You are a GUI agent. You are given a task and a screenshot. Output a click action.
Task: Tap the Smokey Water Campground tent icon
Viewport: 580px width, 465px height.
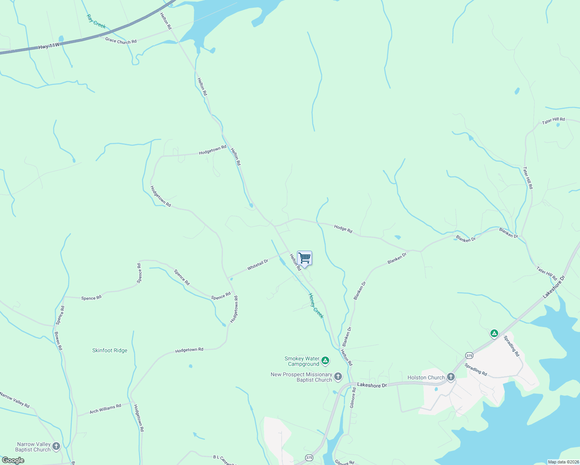point(325,361)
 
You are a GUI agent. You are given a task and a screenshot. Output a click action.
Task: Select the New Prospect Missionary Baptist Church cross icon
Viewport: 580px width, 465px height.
point(338,376)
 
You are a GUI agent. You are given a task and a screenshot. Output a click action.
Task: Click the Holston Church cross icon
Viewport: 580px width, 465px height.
point(451,377)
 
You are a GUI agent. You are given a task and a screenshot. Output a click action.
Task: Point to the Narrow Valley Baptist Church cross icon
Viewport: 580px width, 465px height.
point(56,446)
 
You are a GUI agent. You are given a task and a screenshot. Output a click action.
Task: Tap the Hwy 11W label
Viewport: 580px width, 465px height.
point(49,46)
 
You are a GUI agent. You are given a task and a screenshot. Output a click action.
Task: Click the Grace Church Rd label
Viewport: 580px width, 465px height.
point(121,41)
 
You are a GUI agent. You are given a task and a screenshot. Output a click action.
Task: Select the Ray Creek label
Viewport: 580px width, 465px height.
point(96,21)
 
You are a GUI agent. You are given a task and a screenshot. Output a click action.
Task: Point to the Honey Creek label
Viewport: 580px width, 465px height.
point(316,306)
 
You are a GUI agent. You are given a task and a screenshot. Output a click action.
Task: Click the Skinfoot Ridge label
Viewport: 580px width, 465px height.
point(110,350)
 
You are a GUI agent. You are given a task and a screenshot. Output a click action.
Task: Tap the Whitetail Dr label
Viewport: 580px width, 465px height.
point(258,265)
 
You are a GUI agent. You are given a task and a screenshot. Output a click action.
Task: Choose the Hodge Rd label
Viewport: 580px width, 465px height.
point(343,229)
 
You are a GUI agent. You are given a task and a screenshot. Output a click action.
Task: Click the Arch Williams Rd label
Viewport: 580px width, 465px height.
point(105,408)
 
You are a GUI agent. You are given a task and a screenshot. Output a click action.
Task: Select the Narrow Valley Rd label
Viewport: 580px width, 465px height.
point(15,400)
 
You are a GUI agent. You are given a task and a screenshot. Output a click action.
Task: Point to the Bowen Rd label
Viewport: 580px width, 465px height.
point(58,341)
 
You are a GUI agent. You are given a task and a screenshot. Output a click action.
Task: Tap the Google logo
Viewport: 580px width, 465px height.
point(13,460)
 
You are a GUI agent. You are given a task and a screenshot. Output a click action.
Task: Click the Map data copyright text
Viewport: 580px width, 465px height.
point(563,462)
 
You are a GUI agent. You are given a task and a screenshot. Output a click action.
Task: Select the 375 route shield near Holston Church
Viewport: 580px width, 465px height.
point(469,355)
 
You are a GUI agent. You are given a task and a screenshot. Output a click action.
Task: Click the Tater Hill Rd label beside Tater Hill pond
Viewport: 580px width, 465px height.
point(553,121)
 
